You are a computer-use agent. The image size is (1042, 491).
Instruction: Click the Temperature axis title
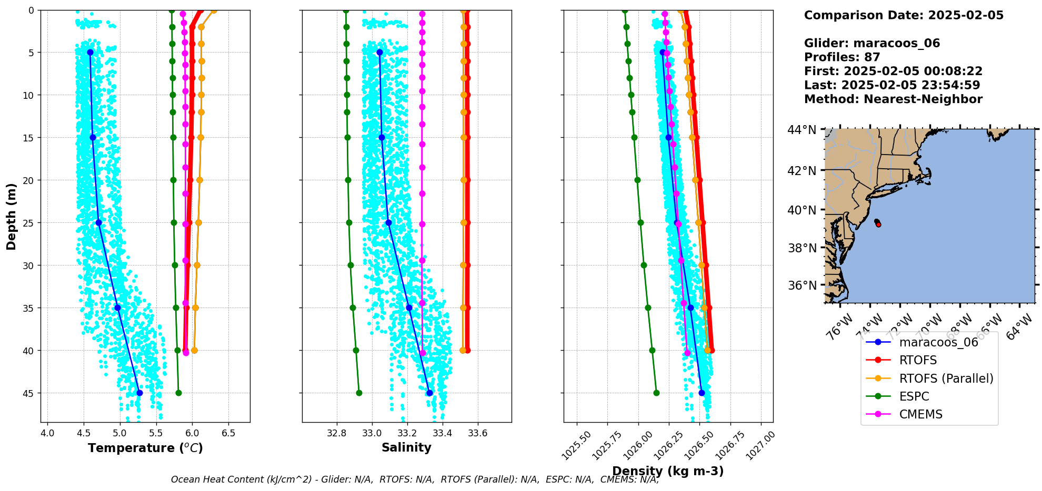[x=145, y=448]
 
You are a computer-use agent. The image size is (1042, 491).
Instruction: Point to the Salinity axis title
[x=406, y=447]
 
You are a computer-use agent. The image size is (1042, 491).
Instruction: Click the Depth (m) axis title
[x=12, y=216]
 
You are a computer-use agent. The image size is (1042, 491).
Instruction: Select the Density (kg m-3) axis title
[x=668, y=471]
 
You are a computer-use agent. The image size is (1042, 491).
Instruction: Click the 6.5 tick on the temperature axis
[x=228, y=433]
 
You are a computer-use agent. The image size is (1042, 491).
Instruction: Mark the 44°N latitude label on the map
[x=802, y=130]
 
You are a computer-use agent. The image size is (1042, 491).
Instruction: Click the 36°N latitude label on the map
[x=802, y=285]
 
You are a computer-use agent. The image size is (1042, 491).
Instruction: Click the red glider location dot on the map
[x=878, y=224]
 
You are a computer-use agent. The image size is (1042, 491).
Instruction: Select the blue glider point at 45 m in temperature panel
[x=139, y=393]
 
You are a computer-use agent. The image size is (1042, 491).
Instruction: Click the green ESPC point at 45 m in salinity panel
[x=359, y=393]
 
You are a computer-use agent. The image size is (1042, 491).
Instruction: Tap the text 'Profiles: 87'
[x=842, y=57]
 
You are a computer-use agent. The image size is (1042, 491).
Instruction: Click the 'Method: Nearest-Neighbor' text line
[x=893, y=99]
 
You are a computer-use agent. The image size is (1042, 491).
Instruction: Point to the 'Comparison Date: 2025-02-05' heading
[x=904, y=15]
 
